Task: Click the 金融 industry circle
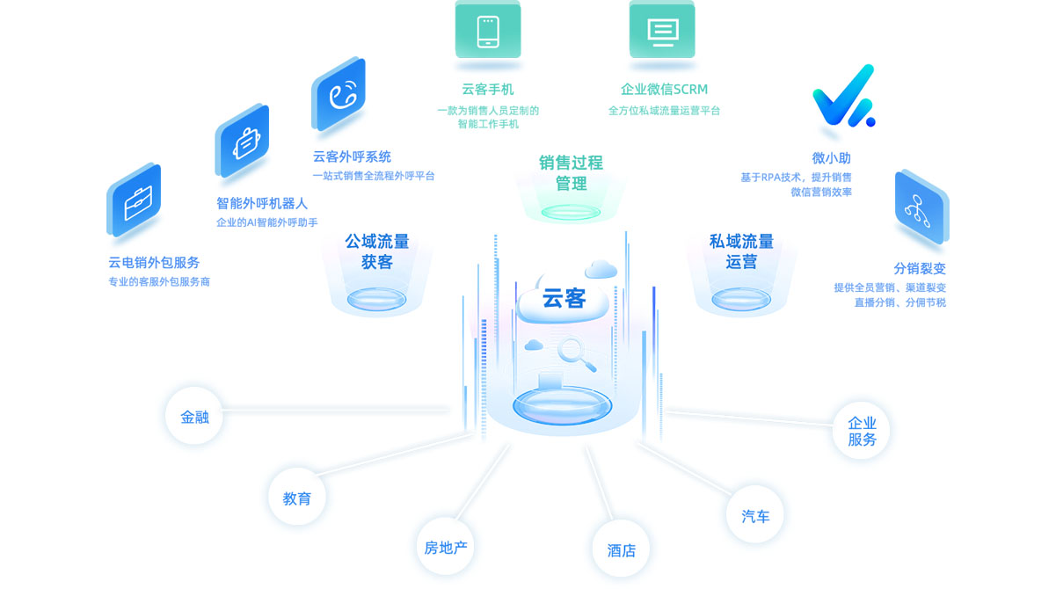click(194, 416)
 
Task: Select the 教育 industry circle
click(297, 498)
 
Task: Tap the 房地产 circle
click(445, 548)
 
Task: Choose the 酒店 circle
click(621, 549)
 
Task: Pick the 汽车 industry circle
click(755, 515)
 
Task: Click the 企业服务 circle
click(862, 431)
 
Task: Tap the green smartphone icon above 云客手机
click(488, 31)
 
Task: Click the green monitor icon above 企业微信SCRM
click(662, 31)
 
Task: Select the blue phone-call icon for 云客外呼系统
click(339, 95)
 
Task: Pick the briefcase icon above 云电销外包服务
click(135, 201)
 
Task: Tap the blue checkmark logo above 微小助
click(842, 96)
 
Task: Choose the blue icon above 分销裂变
click(920, 207)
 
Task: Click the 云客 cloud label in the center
click(564, 299)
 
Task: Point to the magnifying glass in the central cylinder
click(575, 353)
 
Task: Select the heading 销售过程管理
click(571, 173)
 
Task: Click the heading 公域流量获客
click(376, 251)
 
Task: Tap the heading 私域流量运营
click(741, 251)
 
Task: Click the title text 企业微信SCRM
click(664, 89)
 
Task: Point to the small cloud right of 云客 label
click(601, 268)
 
